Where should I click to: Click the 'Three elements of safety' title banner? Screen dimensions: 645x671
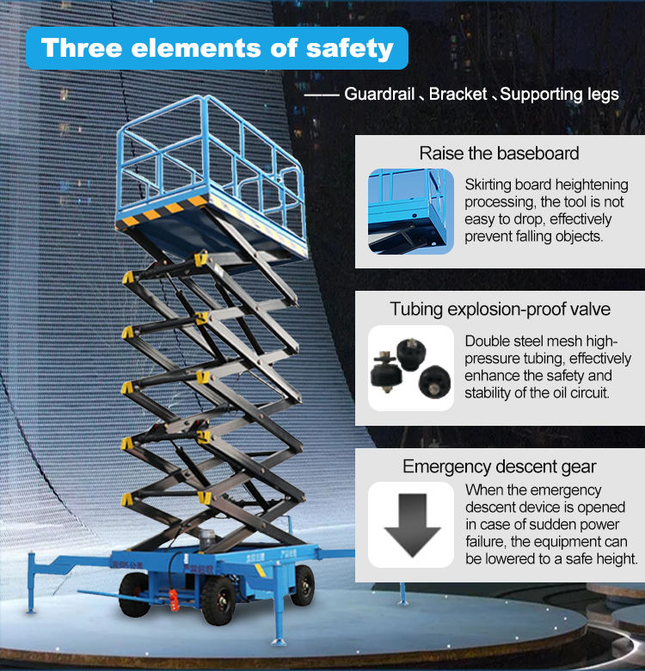click(x=217, y=48)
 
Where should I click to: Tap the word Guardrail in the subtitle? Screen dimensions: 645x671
click(x=379, y=94)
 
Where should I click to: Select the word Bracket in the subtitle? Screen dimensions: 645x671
click(x=458, y=94)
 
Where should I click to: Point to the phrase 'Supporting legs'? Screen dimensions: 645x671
click(x=560, y=95)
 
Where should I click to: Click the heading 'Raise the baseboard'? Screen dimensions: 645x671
click(x=499, y=153)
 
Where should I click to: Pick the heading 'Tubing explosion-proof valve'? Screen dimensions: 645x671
click(x=500, y=309)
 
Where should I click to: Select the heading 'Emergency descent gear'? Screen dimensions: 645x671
click(x=499, y=466)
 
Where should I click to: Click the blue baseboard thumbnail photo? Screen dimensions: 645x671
click(x=410, y=212)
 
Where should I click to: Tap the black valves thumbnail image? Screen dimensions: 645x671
click(x=410, y=368)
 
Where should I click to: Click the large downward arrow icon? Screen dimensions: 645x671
click(x=412, y=524)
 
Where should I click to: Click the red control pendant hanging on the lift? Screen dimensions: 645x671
click(x=173, y=600)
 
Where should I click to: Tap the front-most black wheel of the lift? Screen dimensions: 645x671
click(x=218, y=600)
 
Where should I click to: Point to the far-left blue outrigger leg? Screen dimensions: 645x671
click(x=31, y=583)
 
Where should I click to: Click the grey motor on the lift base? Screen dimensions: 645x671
click(x=207, y=540)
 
